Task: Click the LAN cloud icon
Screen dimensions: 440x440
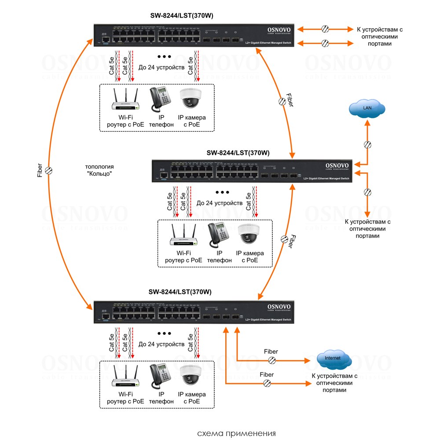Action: (x=367, y=108)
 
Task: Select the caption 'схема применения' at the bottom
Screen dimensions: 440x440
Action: (x=237, y=433)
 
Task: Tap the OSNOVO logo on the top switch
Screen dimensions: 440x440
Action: (x=279, y=30)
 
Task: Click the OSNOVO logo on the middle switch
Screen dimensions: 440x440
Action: (x=337, y=166)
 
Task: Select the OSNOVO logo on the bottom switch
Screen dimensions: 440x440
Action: (x=279, y=307)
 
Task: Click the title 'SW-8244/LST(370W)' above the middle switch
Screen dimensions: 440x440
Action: (x=238, y=153)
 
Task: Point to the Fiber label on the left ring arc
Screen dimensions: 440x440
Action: (x=40, y=171)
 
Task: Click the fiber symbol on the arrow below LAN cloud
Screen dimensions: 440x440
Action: (x=367, y=145)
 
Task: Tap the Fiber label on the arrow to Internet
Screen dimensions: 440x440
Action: (x=271, y=352)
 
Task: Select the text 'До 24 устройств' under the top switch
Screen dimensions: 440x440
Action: (x=161, y=67)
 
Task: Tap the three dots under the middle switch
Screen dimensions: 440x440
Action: (x=223, y=192)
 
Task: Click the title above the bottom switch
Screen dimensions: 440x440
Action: (x=180, y=292)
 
